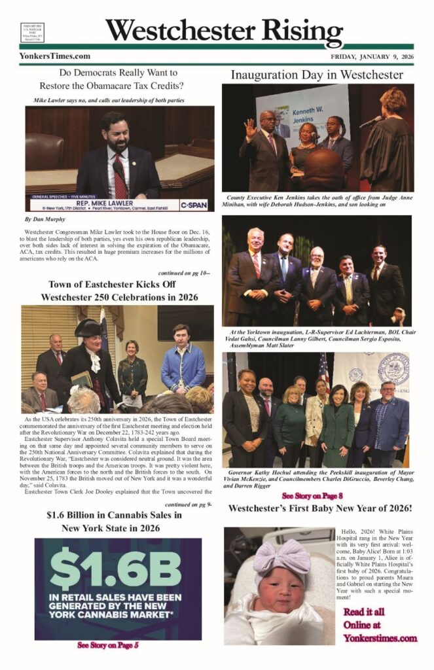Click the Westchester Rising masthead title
[223, 31]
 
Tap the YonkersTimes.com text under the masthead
[55, 56]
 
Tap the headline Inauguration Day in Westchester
[316, 75]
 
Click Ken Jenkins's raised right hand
[251, 126]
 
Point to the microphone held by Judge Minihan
[371, 122]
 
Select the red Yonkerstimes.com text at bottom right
[380, 637]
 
